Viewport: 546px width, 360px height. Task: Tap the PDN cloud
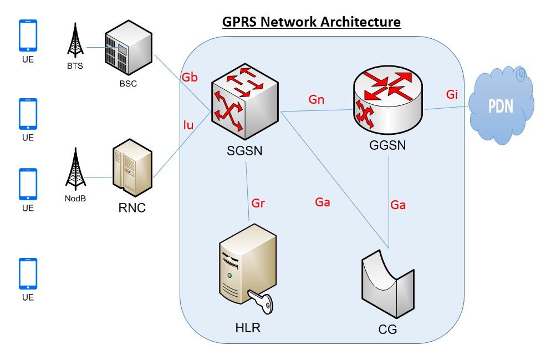[x=501, y=107]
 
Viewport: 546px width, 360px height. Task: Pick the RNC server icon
[x=131, y=169]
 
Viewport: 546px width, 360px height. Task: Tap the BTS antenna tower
[x=73, y=42]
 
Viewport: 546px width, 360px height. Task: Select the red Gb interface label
[x=190, y=78]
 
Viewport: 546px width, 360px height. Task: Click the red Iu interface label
[x=188, y=125]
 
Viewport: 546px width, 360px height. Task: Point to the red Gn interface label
[x=317, y=100]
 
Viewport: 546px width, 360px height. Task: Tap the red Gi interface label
[x=452, y=94]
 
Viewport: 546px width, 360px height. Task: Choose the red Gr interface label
[x=258, y=203]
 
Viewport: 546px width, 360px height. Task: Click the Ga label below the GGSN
[x=398, y=205]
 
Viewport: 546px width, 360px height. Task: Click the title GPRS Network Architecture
[x=311, y=22]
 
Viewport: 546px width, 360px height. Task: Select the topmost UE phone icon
[x=28, y=36]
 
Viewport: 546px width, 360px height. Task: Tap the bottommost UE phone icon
[x=28, y=273]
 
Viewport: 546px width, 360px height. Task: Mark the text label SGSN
[x=244, y=150]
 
